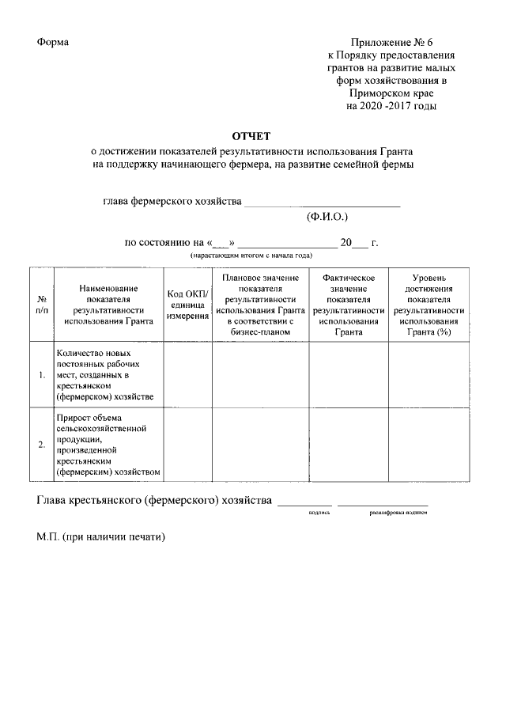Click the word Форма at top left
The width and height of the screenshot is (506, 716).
click(x=53, y=42)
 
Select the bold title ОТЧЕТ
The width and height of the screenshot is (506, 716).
click(x=252, y=137)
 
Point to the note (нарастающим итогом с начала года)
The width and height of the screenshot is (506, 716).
click(x=251, y=256)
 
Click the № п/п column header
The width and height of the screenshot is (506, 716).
click(x=42, y=305)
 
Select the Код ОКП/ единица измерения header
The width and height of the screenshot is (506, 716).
click(x=187, y=305)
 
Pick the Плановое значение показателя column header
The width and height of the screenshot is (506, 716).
click(x=260, y=305)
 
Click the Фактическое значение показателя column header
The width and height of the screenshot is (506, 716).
click(x=348, y=305)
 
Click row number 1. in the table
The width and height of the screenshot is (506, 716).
click(x=42, y=374)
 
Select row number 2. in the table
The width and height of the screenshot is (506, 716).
click(x=42, y=445)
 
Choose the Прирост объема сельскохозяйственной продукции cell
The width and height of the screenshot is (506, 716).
click(x=108, y=445)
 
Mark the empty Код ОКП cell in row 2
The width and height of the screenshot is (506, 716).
click(x=187, y=445)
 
